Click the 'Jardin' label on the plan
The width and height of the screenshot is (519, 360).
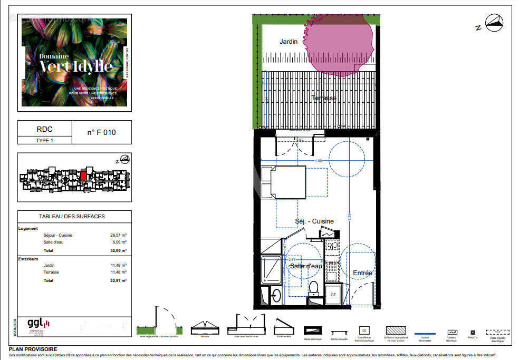(289, 41)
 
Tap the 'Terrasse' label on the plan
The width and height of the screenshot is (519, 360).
(323, 98)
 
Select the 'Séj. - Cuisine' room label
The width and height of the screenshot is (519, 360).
(314, 221)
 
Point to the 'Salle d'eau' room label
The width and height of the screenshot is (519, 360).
(305, 266)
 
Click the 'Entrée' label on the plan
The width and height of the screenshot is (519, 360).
(362, 273)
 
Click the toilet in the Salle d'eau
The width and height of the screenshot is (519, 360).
(314, 288)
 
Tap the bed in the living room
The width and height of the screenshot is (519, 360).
(285, 182)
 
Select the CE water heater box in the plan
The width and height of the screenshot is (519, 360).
(333, 295)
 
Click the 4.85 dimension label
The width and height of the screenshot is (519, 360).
(318, 160)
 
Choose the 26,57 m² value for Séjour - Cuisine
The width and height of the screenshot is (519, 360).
(118, 235)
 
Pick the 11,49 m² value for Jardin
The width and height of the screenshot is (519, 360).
(118, 265)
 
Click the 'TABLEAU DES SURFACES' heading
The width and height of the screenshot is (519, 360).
(72, 216)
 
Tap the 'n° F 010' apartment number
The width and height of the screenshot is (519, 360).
(101, 132)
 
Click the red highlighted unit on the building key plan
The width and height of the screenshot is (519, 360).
(83, 175)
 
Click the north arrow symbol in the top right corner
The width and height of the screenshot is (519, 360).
(494, 23)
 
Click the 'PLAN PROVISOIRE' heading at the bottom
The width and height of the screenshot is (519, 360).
(33, 349)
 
